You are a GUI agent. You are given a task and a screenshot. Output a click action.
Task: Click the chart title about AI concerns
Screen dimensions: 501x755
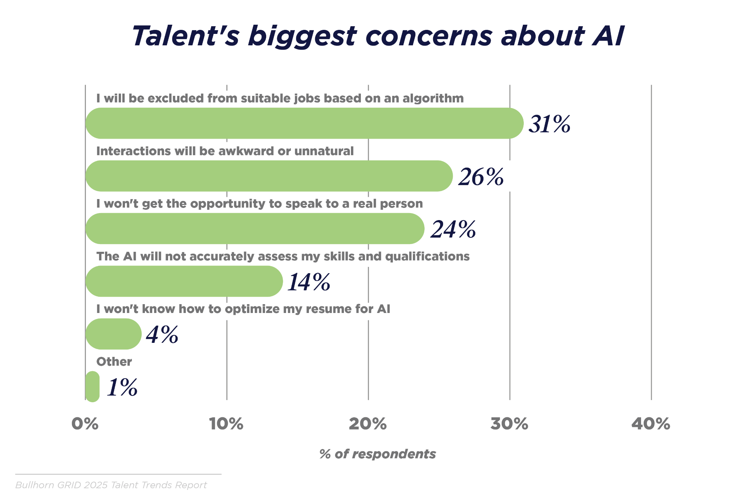pyautogui.click(x=377, y=36)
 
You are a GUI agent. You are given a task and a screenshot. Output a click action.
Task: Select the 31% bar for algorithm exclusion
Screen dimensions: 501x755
pyautogui.click(x=304, y=123)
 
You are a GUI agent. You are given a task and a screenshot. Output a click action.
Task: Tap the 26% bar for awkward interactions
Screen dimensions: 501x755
pyautogui.click(x=269, y=176)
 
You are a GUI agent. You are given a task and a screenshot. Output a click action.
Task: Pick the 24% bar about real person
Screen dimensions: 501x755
pyautogui.click(x=255, y=229)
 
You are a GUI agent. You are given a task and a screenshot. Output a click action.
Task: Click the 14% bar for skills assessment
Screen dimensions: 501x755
pyautogui.click(x=184, y=281)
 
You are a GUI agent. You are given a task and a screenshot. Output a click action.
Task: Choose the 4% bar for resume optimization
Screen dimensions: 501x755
pyautogui.click(x=113, y=334)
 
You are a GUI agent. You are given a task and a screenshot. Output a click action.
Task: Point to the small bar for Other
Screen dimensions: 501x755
pyautogui.click(x=92, y=386)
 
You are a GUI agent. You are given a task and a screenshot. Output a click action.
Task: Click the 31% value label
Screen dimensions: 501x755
pyautogui.click(x=549, y=124)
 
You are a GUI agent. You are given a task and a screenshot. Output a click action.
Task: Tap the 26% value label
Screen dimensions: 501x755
pyautogui.click(x=481, y=177)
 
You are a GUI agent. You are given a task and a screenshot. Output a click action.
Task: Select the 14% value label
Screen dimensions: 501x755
pyautogui.click(x=309, y=282)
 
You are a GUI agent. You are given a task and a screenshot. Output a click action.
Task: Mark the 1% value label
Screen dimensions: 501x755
pyautogui.click(x=122, y=387)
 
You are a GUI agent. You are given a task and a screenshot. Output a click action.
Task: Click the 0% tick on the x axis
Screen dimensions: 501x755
pyautogui.click(x=85, y=424)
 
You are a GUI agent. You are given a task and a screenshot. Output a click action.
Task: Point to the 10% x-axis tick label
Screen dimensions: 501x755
pyautogui.click(x=226, y=424)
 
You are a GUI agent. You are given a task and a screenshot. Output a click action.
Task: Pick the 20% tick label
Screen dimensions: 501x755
pyautogui.click(x=368, y=424)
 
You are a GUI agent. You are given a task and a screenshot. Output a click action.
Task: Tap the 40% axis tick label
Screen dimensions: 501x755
pyautogui.click(x=651, y=424)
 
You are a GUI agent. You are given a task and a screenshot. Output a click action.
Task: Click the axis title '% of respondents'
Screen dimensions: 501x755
pyautogui.click(x=377, y=454)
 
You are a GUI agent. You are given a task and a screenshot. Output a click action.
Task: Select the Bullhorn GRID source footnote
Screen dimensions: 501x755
pyautogui.click(x=111, y=485)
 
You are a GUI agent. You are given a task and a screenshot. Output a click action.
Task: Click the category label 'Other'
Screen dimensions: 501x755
pyautogui.click(x=114, y=362)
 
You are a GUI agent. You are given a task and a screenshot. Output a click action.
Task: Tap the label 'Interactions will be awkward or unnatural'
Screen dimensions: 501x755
pyautogui.click(x=225, y=151)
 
